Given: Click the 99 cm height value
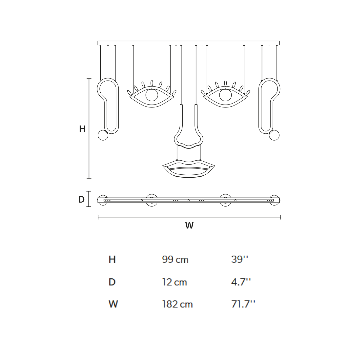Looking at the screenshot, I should click(x=175, y=259).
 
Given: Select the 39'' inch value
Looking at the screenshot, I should click(x=240, y=259).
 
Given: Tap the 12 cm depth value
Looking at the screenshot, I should click(x=174, y=282).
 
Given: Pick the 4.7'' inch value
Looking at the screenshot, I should click(x=241, y=282).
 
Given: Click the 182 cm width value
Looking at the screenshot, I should click(x=177, y=304).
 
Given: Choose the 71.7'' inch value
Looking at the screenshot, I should click(x=243, y=304).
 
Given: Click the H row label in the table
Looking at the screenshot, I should click(x=112, y=259).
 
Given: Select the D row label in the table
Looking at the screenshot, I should click(x=112, y=282).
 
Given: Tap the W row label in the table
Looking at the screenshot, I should click(x=113, y=304).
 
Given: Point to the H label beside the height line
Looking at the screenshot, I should click(x=82, y=129).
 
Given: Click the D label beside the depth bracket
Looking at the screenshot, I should click(x=81, y=200).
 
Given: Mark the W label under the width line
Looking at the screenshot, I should click(x=189, y=226).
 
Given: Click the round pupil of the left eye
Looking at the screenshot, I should click(x=152, y=95).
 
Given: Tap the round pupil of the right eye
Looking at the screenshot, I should click(x=225, y=95).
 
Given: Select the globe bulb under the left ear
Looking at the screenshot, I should click(x=103, y=135).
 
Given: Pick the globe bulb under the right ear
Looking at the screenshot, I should click(x=274, y=135).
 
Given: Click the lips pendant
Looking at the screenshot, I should click(x=189, y=169).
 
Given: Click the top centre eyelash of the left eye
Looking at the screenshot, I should click(x=152, y=83).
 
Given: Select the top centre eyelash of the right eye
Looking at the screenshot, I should click(x=225, y=83).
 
